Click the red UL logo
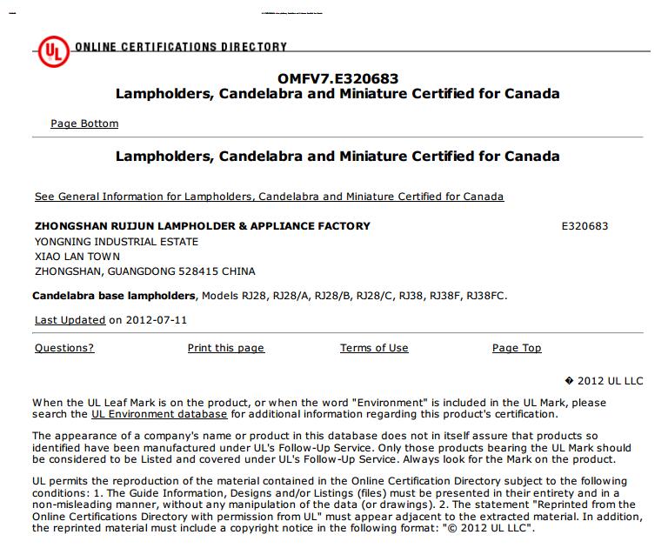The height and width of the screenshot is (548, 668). [51, 53]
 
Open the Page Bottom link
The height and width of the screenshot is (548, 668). [84, 124]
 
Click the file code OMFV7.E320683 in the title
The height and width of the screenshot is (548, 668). [338, 78]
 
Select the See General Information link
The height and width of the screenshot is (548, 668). [269, 197]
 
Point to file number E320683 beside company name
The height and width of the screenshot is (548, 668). [585, 226]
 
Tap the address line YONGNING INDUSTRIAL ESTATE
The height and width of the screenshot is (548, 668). [117, 242]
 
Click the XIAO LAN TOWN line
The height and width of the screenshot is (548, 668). [77, 257]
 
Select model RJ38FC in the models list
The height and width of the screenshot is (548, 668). [485, 296]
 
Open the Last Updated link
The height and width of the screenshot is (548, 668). [70, 320]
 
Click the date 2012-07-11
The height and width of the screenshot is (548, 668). [156, 320]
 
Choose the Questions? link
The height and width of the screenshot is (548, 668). [64, 348]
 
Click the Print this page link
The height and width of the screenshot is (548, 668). [225, 348]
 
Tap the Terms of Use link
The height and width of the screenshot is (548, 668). [374, 348]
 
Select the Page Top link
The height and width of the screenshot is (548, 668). [517, 348]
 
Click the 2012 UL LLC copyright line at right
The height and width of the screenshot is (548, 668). [609, 381]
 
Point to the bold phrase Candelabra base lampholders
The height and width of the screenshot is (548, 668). [114, 296]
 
